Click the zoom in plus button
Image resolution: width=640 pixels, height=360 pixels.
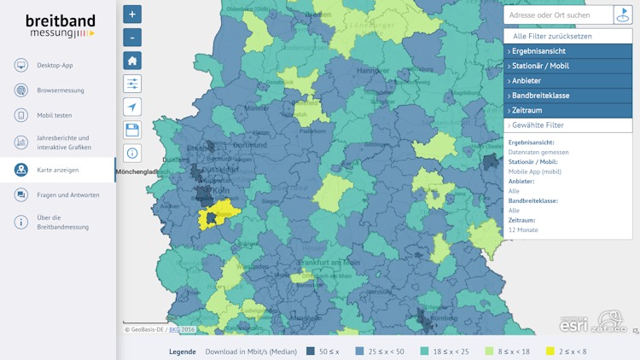click(132, 15)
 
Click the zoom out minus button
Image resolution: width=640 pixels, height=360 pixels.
click(132, 38)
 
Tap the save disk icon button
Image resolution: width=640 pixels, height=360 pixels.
click(132, 130)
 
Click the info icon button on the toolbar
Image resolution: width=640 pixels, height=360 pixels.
click(132, 153)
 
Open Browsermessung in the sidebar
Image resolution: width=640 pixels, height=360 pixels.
click(60, 90)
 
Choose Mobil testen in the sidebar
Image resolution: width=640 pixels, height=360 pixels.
click(55, 115)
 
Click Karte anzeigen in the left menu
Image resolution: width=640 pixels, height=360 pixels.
click(57, 170)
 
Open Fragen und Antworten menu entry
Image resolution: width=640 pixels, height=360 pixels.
click(67, 195)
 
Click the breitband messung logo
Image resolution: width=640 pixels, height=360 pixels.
click(60, 26)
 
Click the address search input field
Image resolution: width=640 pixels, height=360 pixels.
click(558, 15)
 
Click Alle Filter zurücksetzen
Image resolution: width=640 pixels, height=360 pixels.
click(564, 37)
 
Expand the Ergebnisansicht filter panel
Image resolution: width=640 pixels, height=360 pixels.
click(567, 51)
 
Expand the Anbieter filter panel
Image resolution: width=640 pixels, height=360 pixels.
click(567, 81)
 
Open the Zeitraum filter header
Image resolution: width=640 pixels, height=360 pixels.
click(567, 110)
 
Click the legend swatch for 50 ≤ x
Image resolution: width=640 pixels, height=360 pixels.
click(311, 351)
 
